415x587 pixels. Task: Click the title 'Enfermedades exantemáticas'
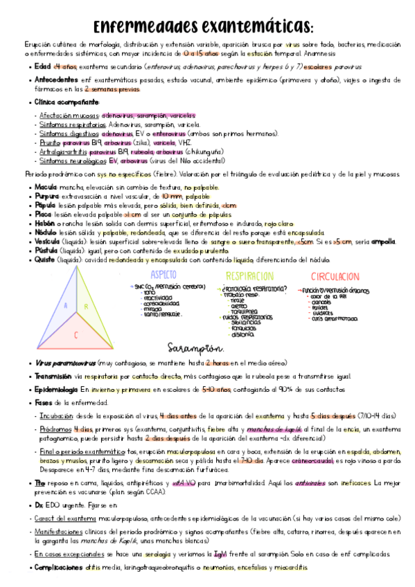click(x=203, y=26)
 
